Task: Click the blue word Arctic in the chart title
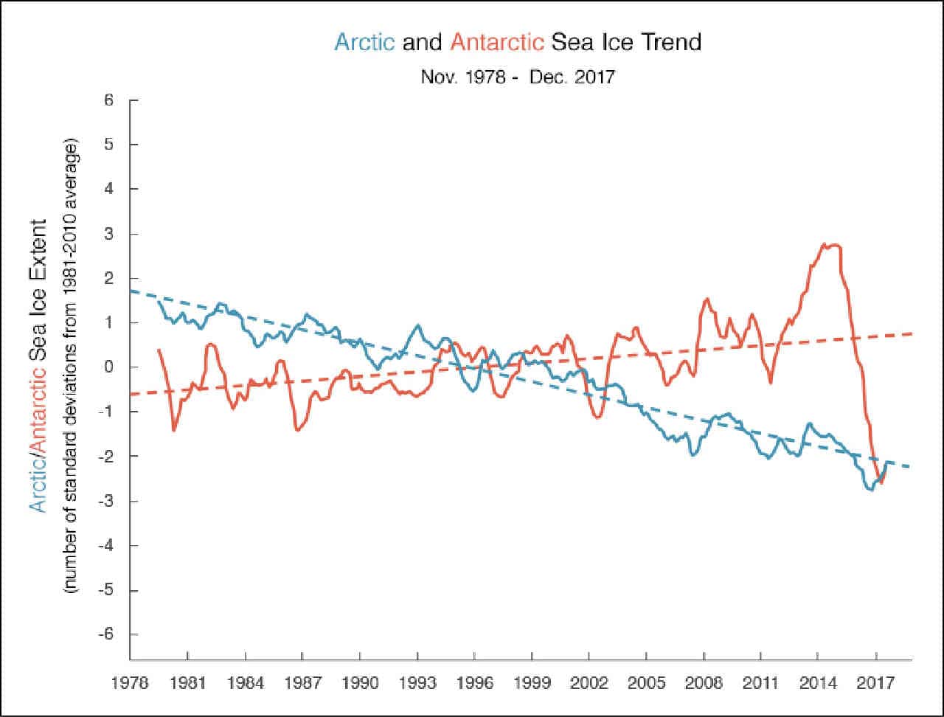[365, 43]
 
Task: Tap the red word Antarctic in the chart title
[497, 43]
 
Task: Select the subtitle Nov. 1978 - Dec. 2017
[518, 77]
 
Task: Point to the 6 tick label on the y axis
[108, 100]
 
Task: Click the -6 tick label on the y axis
[105, 634]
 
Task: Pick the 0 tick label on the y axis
[108, 367]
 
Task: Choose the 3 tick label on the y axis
[108, 234]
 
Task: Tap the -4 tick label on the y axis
[105, 545]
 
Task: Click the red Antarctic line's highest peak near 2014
[824, 244]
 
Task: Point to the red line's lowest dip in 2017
[881, 483]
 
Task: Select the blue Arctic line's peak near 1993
[417, 325]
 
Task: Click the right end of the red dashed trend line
[912, 333]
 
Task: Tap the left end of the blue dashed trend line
[131, 291]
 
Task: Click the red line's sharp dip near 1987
[296, 430]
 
